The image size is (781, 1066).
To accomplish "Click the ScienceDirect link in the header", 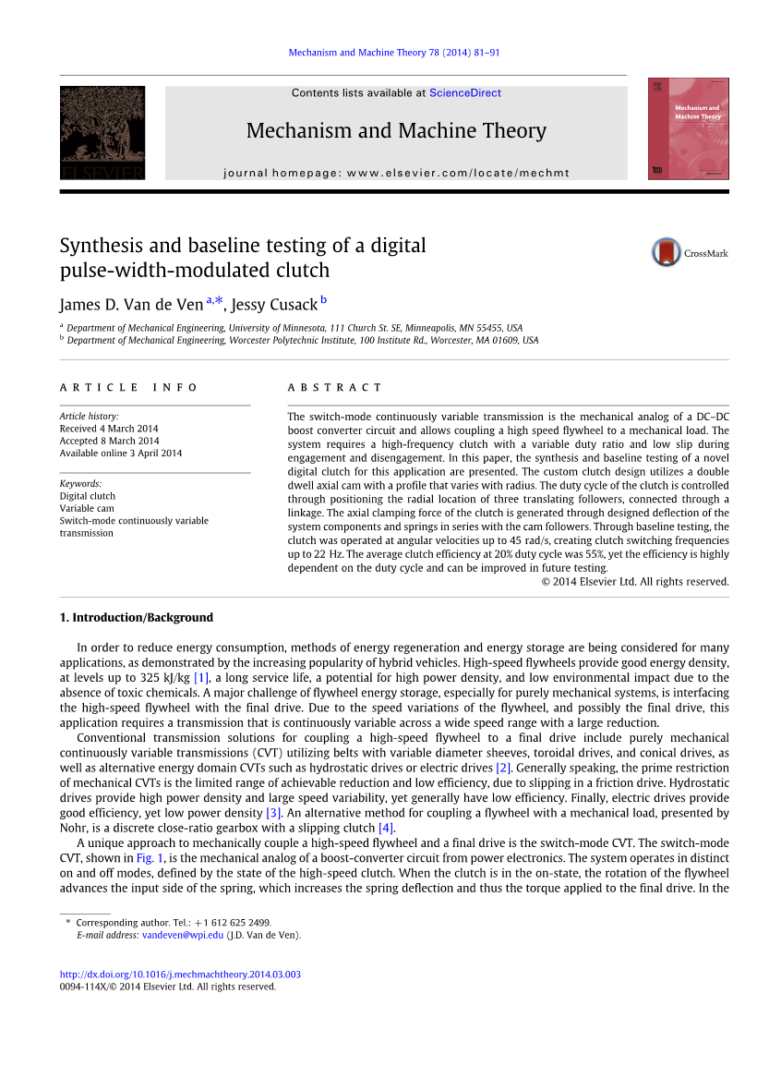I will click(x=465, y=93).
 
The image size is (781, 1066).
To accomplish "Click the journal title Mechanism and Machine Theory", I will click(x=396, y=131).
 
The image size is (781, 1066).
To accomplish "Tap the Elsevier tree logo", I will click(x=102, y=131).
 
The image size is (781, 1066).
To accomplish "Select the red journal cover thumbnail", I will click(x=688, y=128).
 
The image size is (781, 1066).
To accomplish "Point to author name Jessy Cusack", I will click(x=273, y=305).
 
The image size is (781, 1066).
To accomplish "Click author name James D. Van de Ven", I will click(x=131, y=305).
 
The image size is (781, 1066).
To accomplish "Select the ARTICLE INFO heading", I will click(x=128, y=388).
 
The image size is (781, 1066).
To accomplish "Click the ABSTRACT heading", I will click(x=334, y=388).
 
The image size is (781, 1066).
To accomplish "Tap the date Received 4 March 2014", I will click(x=109, y=429).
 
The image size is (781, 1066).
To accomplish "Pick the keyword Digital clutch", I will click(x=88, y=496).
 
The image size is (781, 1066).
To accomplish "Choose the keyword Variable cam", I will click(x=87, y=508).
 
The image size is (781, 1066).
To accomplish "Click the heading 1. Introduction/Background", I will click(x=137, y=617).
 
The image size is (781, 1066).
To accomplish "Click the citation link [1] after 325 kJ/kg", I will click(x=201, y=678).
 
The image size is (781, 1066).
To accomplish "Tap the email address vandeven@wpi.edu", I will click(x=183, y=935).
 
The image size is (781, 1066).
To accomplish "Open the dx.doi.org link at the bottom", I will click(x=180, y=975).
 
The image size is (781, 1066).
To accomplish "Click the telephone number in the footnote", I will click(x=240, y=923).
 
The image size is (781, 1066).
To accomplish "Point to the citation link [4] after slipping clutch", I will click(x=386, y=828).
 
